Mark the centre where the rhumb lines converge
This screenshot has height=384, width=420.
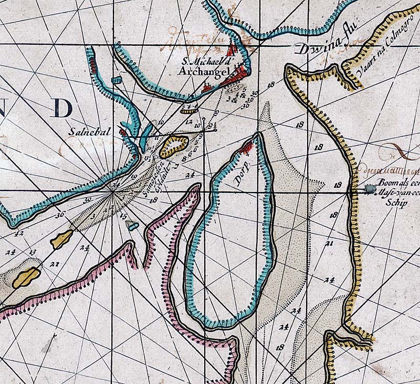click(x=112, y=193)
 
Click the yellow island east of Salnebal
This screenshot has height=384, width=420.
click(x=174, y=146)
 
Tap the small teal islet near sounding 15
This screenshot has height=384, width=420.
click(x=133, y=226)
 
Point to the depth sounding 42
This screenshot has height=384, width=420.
click(x=21, y=233)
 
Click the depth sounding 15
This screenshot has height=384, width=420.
click(x=123, y=216)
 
